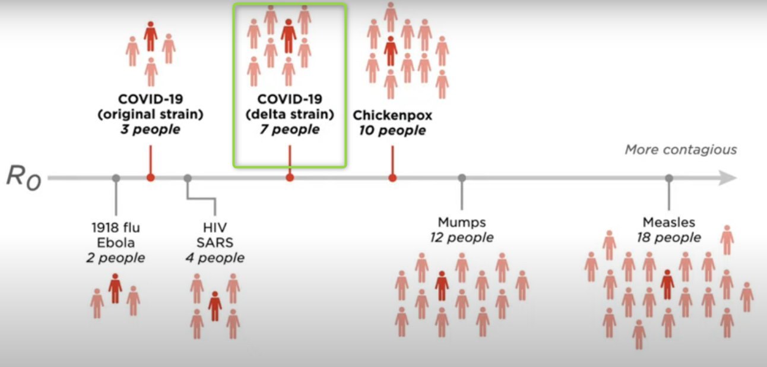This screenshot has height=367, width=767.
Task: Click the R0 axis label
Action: coord(23,177)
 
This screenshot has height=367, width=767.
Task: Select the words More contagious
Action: coord(680,150)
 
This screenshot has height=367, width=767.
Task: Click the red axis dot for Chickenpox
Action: coord(392,178)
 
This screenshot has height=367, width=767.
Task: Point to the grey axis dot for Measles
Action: coord(669,178)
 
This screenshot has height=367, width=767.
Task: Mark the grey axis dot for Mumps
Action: coord(462,178)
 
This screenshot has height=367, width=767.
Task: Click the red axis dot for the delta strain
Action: coord(290,178)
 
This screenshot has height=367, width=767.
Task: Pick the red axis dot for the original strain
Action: coord(151,178)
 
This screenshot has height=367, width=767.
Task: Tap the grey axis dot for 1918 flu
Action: coord(116,178)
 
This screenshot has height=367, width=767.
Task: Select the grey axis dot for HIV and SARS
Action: coord(188,178)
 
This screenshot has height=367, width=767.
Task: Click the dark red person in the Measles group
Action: coord(668,284)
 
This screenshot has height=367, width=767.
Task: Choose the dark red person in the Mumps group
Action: coord(441,286)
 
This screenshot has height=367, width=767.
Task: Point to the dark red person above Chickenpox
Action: coord(390,51)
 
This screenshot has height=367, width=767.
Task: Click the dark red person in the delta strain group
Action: coord(289,36)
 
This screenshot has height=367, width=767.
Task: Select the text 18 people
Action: coord(668,238)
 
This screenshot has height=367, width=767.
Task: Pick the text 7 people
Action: coord(289,129)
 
